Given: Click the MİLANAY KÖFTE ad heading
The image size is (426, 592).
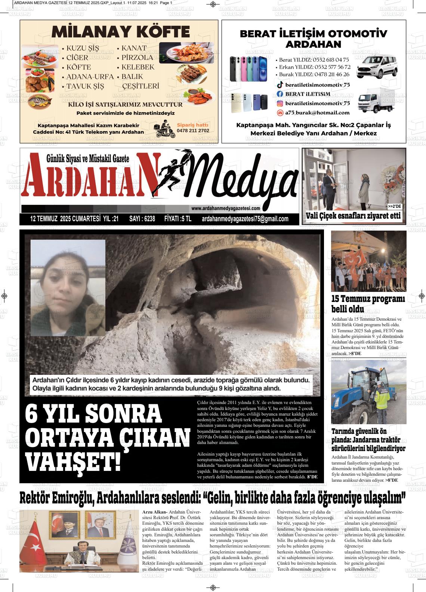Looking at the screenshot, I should point(121,32).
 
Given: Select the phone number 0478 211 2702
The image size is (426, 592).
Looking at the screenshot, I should point(193,131).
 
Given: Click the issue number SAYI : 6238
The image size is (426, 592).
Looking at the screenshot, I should point(142,219).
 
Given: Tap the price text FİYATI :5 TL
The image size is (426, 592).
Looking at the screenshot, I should point(177,219).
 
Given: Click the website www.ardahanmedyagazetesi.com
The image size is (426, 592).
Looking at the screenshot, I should point(225,209).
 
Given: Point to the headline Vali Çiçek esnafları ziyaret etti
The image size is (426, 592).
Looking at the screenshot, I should point(353,216).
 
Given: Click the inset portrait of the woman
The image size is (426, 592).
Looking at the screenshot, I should point(68,288).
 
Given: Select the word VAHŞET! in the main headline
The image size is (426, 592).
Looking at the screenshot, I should point(73,462).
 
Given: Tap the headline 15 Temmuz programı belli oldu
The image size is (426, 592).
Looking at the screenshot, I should point(368,304).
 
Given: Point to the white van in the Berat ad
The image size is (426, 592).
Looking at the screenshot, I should point(377,67).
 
